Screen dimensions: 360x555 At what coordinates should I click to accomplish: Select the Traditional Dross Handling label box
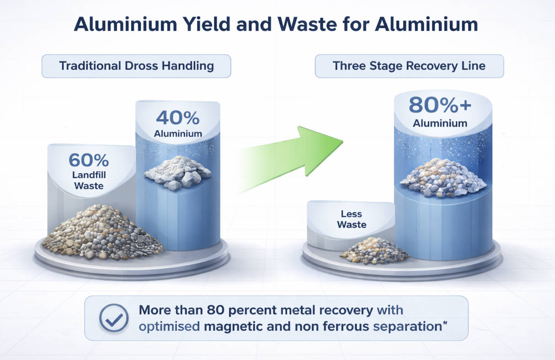coord(136,66)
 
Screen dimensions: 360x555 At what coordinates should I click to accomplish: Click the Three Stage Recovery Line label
coord(409,66)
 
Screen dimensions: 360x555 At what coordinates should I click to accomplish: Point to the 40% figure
coord(178,118)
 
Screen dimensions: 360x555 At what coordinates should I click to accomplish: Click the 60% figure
coord(89,161)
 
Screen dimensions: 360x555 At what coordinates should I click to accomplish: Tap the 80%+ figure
coord(440,105)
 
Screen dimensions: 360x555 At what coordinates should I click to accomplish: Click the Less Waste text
coord(351,219)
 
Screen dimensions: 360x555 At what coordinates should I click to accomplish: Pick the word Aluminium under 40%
coord(178,134)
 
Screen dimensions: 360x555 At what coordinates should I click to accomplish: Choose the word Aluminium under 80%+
coord(440,123)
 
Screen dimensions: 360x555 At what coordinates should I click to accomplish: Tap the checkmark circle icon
coord(114,318)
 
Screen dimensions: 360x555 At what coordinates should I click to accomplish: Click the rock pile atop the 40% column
coord(177,172)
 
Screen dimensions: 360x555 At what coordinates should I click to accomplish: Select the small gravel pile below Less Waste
coord(374,251)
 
